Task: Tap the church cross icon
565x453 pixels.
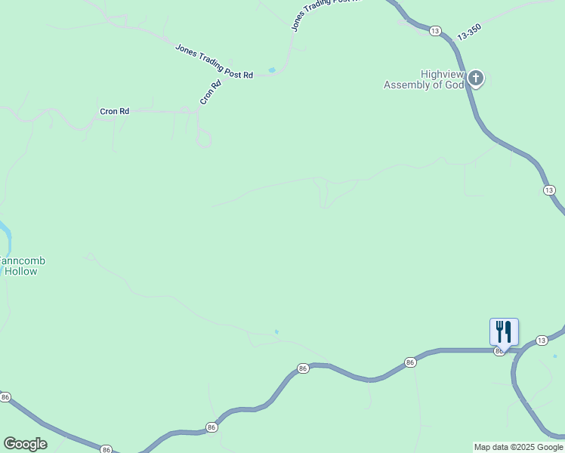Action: pos(476,78)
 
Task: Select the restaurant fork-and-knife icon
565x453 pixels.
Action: pos(504,331)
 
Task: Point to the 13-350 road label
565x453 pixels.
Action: pos(469,33)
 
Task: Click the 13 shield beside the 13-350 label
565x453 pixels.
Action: pos(434,30)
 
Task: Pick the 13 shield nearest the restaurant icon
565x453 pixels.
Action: pos(541,341)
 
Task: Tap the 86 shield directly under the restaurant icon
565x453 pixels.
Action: pos(499,352)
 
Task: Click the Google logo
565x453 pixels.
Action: pos(25,444)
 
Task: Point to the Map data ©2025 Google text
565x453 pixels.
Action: pos(519,447)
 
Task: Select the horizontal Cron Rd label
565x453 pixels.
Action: pos(115,111)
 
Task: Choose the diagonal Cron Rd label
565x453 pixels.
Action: pos(210,92)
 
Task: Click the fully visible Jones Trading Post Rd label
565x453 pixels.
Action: pos(214,61)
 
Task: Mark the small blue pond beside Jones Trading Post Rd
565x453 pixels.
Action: pos(272,70)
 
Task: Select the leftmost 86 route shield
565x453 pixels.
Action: pos(5,397)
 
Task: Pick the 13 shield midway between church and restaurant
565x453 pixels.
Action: pos(549,190)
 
